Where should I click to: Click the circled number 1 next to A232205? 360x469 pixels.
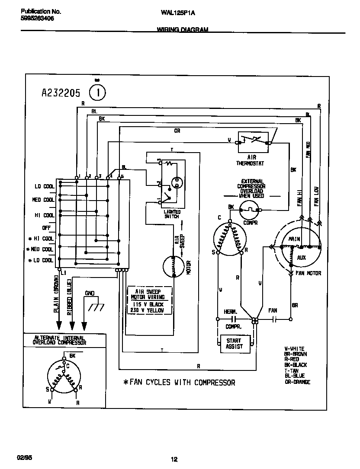coord(97,92)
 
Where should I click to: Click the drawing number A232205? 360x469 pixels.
coord(61,93)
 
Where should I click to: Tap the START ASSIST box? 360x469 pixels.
coord(234,343)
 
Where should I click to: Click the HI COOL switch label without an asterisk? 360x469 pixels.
coord(45,215)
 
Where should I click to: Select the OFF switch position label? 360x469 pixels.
coord(46,227)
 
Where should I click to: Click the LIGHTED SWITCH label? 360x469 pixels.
coord(172,214)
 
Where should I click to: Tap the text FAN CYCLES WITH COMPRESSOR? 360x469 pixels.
coord(179,383)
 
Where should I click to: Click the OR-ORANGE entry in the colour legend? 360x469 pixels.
coord(297,382)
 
